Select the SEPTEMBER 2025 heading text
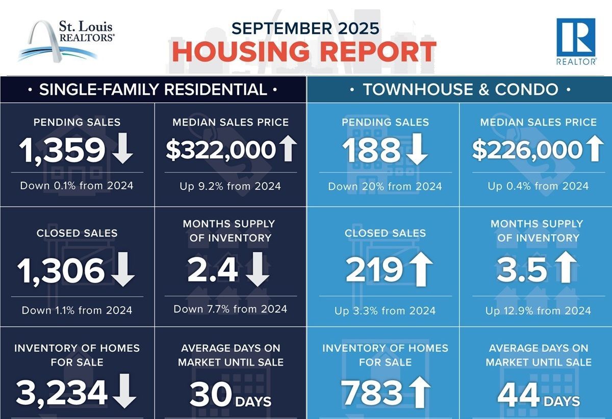(305, 27)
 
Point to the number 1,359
(62, 150)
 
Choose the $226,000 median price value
(527, 150)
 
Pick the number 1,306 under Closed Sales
(61, 270)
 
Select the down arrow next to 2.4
(258, 270)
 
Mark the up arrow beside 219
(421, 270)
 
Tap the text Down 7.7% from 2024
(231, 309)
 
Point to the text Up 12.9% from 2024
(538, 311)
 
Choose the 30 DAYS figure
(231, 395)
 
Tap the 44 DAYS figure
(539, 395)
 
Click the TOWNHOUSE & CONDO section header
(460, 90)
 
